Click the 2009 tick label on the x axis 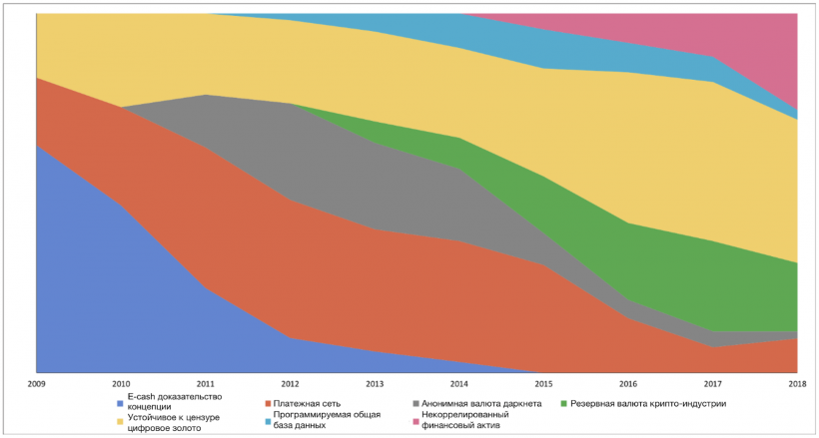[36, 383]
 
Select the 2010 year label [121, 383]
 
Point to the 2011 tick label [205, 383]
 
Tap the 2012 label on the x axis [290, 383]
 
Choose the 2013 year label [375, 383]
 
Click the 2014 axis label [459, 383]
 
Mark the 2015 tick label [543, 383]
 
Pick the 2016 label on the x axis [628, 383]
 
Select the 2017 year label [713, 383]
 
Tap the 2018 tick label [797, 383]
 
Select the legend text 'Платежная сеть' [307, 403]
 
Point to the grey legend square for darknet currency [415, 403]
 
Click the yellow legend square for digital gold [120, 421]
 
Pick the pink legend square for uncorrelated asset [415, 421]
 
